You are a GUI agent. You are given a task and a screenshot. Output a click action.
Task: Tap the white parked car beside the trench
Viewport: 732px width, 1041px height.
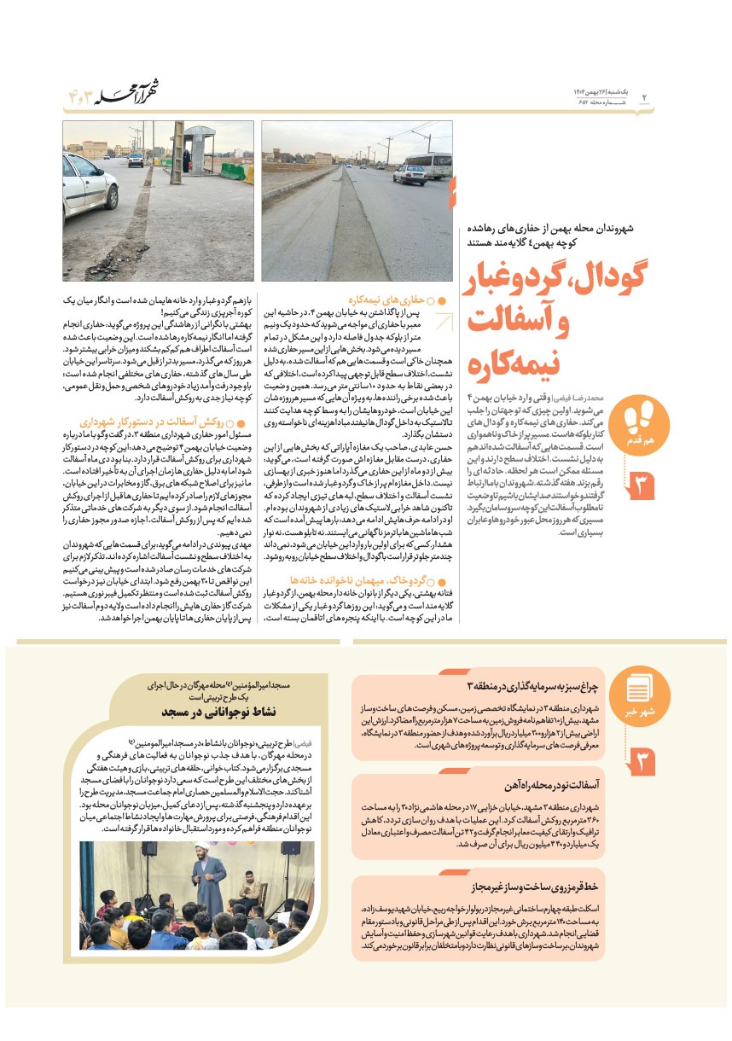88,187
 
